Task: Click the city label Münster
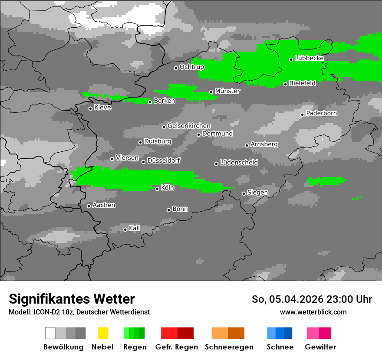227,91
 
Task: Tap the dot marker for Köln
157,189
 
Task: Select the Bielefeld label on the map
303,83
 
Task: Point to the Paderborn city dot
303,115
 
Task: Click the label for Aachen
104,205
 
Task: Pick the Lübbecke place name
310,58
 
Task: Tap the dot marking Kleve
90,108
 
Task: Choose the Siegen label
257,193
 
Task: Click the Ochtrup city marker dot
176,68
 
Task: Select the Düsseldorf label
164,160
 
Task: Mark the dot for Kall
125,229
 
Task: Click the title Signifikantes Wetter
72,299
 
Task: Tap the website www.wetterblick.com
313,312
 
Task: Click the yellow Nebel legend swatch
103,333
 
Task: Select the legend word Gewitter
320,347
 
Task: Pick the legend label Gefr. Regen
177,347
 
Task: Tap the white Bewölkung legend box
50,333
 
